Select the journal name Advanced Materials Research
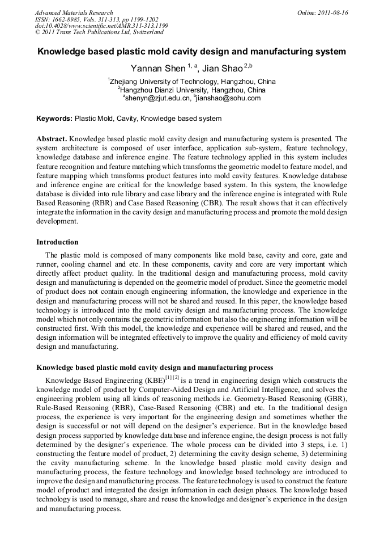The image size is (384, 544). pyautogui.click(x=74, y=12)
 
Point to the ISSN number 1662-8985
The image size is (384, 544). pyautogui.click(x=72, y=19)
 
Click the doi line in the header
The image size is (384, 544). pyautogui.click(x=101, y=26)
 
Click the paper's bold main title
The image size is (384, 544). pyautogui.click(x=191, y=52)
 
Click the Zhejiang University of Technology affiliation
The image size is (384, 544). pyautogui.click(x=193, y=82)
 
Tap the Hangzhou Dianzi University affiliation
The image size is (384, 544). pyautogui.click(x=193, y=90)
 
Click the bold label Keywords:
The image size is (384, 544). pyautogui.click(x=54, y=119)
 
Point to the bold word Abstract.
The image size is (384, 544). pyautogui.click(x=52, y=138)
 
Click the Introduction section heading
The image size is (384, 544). pyautogui.click(x=57, y=242)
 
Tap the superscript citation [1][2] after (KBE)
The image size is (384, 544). pyautogui.click(x=172, y=377)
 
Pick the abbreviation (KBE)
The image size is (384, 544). pyautogui.click(x=152, y=380)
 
